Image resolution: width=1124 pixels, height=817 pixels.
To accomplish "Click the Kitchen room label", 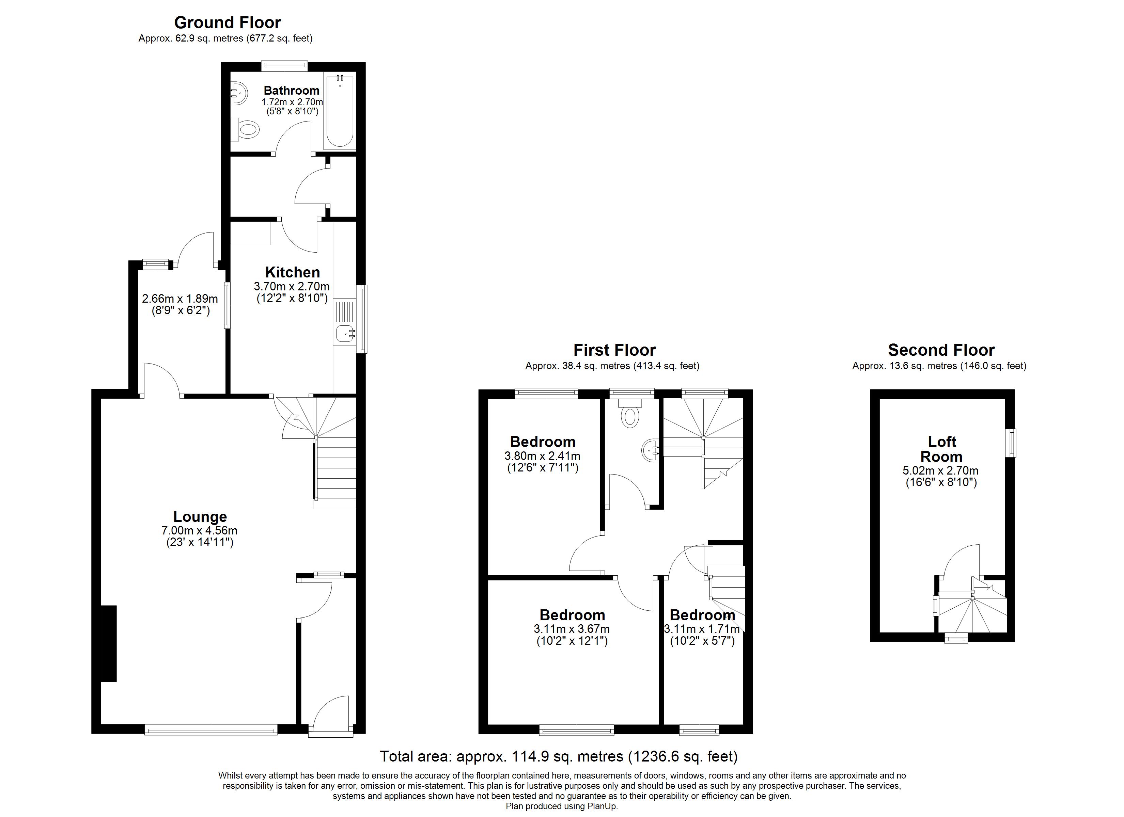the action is coord(292,272).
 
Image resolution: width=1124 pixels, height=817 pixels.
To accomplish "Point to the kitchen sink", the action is coord(345,334).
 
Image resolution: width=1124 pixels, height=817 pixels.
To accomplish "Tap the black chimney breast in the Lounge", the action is coord(109,644).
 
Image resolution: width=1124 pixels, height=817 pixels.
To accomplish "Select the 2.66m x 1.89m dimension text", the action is coord(180,299).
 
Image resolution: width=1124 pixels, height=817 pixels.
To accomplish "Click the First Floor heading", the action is coord(614,350).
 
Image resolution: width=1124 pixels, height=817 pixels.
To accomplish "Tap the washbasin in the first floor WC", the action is coord(650,450).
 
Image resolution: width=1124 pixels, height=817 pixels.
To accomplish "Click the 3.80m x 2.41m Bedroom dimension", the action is coord(542,456).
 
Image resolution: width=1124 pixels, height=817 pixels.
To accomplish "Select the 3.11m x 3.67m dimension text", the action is coord(572,629).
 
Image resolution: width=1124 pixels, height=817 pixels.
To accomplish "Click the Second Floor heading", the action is coord(941,350).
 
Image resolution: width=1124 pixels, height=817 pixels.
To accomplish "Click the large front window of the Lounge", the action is coord(211,729).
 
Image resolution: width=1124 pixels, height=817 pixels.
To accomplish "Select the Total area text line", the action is coord(559,756).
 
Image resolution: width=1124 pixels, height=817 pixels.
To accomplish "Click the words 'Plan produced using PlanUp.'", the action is coord(562,806).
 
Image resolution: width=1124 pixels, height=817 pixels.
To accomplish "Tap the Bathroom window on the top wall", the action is coord(284,66).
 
